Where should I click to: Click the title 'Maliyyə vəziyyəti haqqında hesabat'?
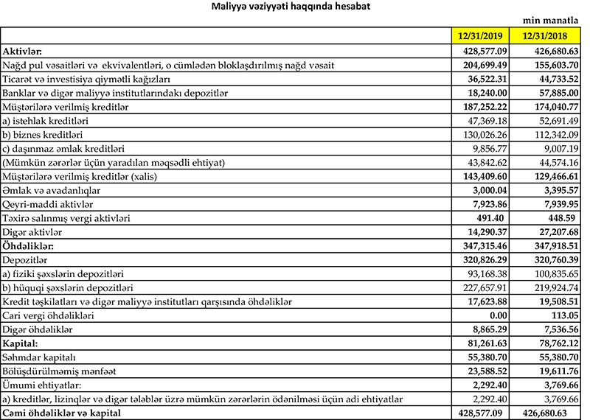coord(295,7)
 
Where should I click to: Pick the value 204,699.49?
coord(491,66)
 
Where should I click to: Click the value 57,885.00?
coord(558,94)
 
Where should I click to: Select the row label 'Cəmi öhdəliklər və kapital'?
coord(62,412)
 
